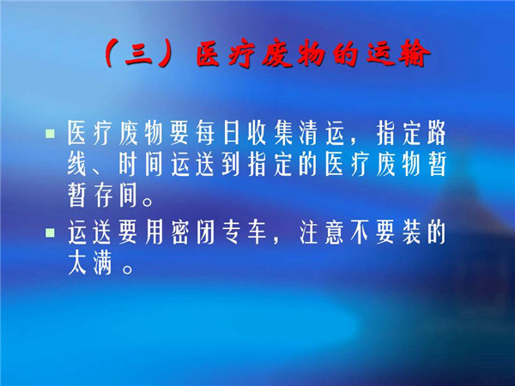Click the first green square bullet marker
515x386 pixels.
point(50,134)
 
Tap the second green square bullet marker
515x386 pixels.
point(50,232)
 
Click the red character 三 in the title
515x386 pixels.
point(138,53)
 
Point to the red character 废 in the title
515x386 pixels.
point(277,53)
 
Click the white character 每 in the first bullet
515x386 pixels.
point(205,133)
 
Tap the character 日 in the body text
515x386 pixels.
point(231,133)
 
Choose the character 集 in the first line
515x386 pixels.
point(282,133)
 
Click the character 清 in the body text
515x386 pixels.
point(308,133)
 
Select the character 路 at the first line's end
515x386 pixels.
point(437,133)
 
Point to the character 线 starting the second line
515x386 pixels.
point(77,164)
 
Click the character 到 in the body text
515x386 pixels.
point(231,164)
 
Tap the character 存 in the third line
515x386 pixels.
point(103,196)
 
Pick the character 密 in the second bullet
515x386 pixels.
point(179,232)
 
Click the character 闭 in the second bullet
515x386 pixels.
point(205,232)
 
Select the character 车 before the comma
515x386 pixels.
point(257,232)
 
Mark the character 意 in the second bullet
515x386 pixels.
point(334,232)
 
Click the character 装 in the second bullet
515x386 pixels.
point(411,232)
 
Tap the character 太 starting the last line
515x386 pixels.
point(77,263)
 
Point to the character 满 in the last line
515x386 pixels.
point(103,263)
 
